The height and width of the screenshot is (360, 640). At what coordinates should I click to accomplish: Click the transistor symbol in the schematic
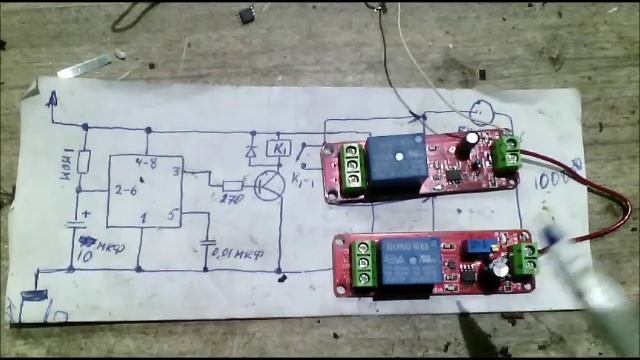(x=268, y=185)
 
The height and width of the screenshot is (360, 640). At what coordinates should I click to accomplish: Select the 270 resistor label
(x=232, y=200)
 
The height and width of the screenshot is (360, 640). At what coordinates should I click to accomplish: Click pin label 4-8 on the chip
(x=147, y=162)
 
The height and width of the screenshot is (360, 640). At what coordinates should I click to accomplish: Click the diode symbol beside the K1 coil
(x=252, y=153)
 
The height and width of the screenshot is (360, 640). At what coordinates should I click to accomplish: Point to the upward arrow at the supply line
(x=53, y=98)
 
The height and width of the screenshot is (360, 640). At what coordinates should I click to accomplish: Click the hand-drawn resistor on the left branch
(x=85, y=161)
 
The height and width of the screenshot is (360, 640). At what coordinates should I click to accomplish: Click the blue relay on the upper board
(x=396, y=159)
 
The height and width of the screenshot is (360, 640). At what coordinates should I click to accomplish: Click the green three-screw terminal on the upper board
(x=351, y=171)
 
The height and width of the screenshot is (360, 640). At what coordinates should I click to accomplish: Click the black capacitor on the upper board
(x=468, y=145)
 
